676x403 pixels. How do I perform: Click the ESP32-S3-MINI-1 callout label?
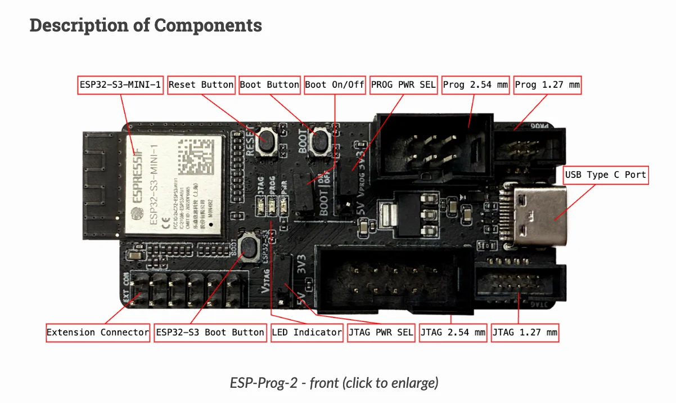(x=120, y=85)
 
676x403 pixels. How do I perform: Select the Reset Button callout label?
(x=201, y=85)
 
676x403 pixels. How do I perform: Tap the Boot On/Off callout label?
(x=335, y=85)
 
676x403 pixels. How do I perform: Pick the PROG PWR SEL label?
(x=403, y=85)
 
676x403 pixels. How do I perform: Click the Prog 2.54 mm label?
(x=475, y=85)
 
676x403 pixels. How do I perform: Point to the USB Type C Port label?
(x=606, y=175)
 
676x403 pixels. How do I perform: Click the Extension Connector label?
(x=98, y=332)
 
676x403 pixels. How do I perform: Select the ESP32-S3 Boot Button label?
(x=210, y=332)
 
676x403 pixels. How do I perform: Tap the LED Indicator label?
(x=307, y=332)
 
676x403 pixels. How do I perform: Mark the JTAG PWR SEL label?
(x=381, y=332)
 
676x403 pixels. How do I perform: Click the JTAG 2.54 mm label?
(x=453, y=332)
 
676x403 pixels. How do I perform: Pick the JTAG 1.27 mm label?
(x=525, y=332)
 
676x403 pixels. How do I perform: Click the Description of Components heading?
(x=146, y=25)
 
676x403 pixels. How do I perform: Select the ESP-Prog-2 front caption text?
(x=334, y=383)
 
